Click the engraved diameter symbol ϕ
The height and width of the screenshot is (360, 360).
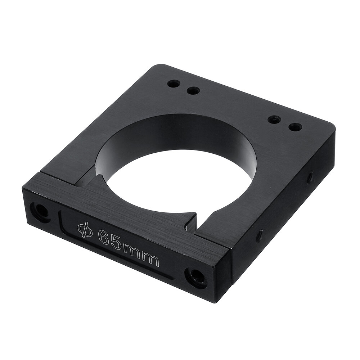point(85,230)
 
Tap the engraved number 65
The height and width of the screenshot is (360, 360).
point(109,240)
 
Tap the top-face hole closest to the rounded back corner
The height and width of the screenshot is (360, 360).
point(174,84)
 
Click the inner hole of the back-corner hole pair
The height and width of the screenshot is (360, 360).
point(194,91)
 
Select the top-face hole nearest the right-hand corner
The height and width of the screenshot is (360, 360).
point(296,127)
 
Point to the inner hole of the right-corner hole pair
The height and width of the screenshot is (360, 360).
point(274,120)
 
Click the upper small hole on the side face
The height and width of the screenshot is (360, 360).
point(310,177)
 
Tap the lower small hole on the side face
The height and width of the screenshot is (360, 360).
point(259,236)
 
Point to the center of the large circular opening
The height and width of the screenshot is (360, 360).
point(178,176)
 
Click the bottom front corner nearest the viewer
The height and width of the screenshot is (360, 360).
point(216,301)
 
